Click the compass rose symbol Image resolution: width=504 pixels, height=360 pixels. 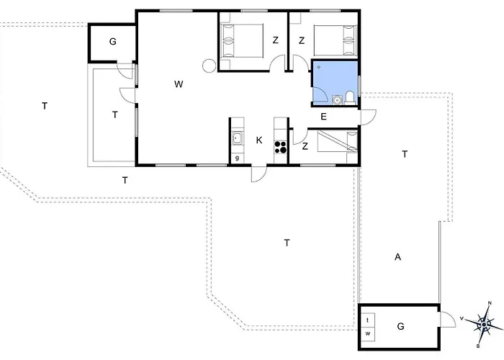pyautogui.click(x=484, y=325)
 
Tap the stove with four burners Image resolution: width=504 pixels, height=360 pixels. pyautogui.click(x=280, y=147)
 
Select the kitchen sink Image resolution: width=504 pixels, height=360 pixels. pyautogui.click(x=238, y=138)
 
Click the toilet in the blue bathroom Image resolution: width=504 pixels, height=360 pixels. pyautogui.click(x=349, y=98)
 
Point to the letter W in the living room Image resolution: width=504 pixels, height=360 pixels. pyautogui.click(x=179, y=84)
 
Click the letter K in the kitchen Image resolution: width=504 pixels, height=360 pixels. pyautogui.click(x=259, y=140)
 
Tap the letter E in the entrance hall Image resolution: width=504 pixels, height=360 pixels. pyautogui.click(x=324, y=117)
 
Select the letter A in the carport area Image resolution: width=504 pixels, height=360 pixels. pyautogui.click(x=397, y=257)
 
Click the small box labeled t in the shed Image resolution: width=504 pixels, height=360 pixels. pyautogui.click(x=368, y=320)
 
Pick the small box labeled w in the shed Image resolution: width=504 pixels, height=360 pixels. pyautogui.click(x=368, y=333)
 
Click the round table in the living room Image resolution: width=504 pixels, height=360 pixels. pyautogui.click(x=209, y=66)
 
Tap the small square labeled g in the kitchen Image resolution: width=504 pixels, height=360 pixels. pyautogui.click(x=237, y=158)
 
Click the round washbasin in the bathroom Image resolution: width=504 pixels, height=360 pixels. pyautogui.click(x=337, y=100)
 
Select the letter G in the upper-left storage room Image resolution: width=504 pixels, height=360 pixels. pyautogui.click(x=112, y=42)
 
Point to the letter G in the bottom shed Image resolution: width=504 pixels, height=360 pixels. pyautogui.click(x=400, y=326)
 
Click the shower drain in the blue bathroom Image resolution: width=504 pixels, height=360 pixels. pyautogui.click(x=319, y=67)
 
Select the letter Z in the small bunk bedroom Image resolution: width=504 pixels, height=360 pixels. pyautogui.click(x=305, y=147)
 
